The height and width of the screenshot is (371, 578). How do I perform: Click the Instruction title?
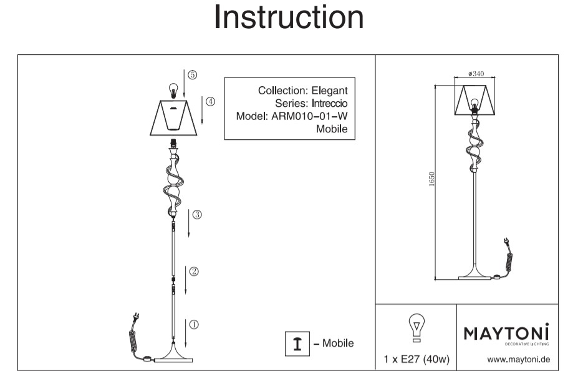[x=289, y=17]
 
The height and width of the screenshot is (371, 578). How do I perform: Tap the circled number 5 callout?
[x=192, y=74]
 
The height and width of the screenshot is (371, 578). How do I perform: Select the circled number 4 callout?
[x=210, y=101]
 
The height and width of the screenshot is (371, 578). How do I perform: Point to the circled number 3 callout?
[x=196, y=215]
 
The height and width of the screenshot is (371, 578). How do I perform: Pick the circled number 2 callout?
[x=194, y=271]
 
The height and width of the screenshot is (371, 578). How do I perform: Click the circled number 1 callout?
[x=194, y=324]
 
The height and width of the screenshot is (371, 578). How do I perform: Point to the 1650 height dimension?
[x=431, y=180]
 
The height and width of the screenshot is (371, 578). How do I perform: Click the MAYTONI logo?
[x=506, y=334]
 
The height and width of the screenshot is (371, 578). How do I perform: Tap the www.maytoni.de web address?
[x=518, y=359]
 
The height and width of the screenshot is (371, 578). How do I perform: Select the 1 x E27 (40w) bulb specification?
[x=416, y=360]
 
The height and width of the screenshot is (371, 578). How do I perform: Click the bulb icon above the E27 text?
[x=415, y=329]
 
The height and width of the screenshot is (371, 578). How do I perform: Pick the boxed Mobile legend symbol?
[x=297, y=344]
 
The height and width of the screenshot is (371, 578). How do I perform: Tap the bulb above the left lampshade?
[x=174, y=89]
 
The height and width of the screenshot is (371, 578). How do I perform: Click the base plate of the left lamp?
[x=174, y=359]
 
